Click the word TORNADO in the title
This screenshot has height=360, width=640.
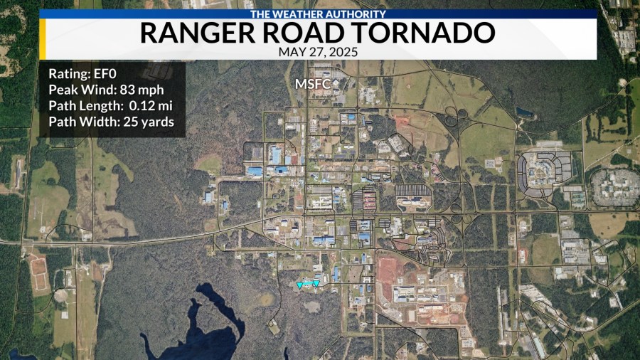pos(419,33)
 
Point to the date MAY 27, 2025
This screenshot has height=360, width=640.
pos(318,52)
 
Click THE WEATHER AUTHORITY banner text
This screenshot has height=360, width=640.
pos(318,14)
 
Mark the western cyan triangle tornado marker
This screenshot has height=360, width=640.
pos(300,285)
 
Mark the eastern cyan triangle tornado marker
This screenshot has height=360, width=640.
pos(316,283)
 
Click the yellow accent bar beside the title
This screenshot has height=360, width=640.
pos(43,38)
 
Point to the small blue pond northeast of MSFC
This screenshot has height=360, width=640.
pos(525,112)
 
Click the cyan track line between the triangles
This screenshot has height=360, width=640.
pos(308,284)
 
